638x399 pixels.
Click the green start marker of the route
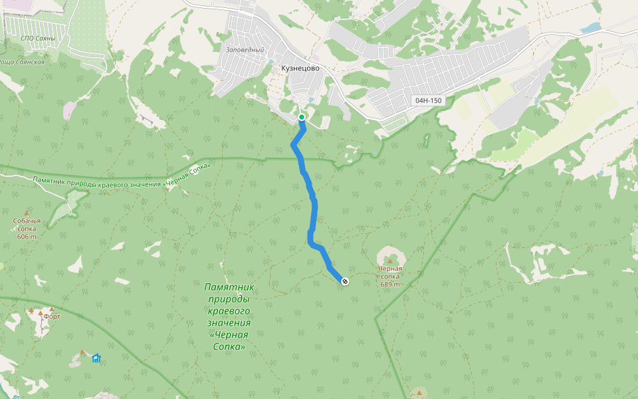click(302, 117)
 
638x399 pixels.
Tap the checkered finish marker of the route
click(345, 281)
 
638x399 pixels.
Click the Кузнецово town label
click(300, 68)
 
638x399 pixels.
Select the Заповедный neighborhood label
click(245, 50)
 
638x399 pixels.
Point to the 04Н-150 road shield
click(428, 100)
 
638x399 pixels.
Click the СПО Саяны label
click(37, 39)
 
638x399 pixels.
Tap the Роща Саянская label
click(23, 62)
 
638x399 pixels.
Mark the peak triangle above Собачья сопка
click(27, 213)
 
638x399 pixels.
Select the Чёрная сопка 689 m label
click(390, 276)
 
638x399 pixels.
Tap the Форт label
click(52, 317)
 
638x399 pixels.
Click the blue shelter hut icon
click(96, 358)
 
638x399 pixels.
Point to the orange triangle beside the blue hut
click(82, 352)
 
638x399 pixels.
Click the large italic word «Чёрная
click(229, 335)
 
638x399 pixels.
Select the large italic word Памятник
click(229, 287)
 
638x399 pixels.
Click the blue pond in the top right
click(590, 28)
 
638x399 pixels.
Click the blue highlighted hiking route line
click(310, 199)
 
